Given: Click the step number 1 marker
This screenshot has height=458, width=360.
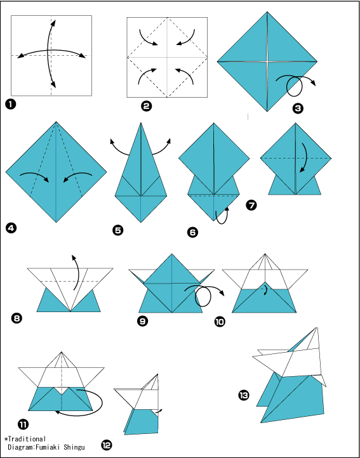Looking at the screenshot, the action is (x=10, y=104).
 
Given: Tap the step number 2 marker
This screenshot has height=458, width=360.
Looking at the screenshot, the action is (x=146, y=106).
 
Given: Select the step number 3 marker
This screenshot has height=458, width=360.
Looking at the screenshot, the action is (x=297, y=108).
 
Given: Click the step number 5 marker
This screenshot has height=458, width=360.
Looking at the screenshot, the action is (x=117, y=230).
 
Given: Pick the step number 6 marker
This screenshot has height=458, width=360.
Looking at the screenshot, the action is (x=192, y=232).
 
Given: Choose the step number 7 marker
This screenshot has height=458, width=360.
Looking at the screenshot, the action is (x=251, y=206).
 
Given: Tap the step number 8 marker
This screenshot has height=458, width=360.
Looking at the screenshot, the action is (x=16, y=318).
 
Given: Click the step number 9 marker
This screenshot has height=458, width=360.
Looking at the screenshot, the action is (x=142, y=322).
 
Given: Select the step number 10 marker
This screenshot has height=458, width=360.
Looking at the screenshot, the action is (x=220, y=322).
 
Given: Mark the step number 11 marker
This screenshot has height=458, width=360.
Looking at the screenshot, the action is (x=23, y=424).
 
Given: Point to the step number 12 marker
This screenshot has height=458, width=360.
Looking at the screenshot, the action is (x=107, y=445).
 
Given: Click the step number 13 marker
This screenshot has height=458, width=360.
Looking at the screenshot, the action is (x=243, y=395).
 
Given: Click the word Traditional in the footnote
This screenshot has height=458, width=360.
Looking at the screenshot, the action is (x=27, y=439).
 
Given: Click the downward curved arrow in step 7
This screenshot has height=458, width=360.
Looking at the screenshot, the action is (x=305, y=157).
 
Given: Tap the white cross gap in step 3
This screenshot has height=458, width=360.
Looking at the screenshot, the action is (x=267, y=62).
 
